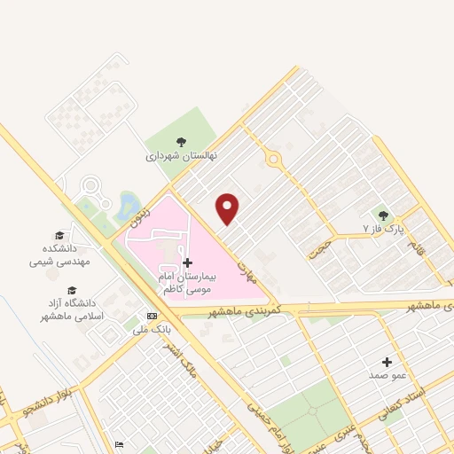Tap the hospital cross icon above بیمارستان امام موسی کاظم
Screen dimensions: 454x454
[187, 262]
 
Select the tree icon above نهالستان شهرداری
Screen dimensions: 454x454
[181, 141]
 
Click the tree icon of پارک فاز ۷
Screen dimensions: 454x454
[383, 215]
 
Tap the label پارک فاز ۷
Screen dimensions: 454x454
[383, 229]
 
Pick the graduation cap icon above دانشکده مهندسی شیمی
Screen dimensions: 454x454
[59, 236]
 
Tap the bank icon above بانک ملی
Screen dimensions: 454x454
[152, 317]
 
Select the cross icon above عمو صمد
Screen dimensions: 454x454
[387, 362]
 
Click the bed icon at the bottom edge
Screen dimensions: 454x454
[119, 444]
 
